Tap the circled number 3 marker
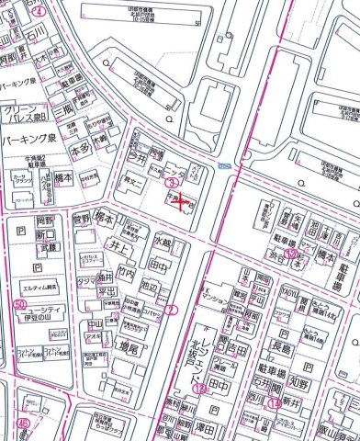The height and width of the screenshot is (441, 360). (x=171, y=185)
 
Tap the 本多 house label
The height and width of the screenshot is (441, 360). (x=80, y=146)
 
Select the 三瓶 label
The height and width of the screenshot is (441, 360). (x=62, y=109)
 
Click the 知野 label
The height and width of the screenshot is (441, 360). (x=297, y=377)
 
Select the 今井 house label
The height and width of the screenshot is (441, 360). (x=138, y=157)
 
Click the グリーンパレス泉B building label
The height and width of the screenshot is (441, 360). (x=24, y=114)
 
